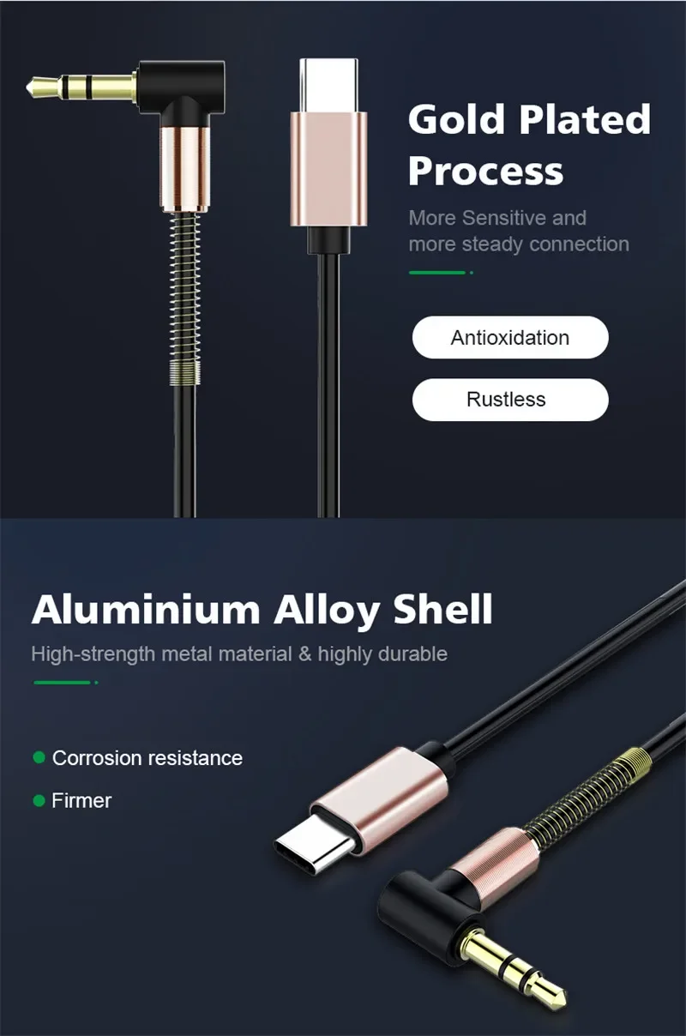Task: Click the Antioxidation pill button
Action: click(x=509, y=337)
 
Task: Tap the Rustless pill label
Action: click(x=509, y=400)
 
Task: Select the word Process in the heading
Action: click(x=485, y=171)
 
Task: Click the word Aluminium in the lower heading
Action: click(x=146, y=609)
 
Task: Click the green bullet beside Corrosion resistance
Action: click(x=39, y=758)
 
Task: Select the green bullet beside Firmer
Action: click(x=39, y=800)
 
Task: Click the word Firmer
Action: click(x=81, y=801)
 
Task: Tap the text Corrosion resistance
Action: click(x=147, y=758)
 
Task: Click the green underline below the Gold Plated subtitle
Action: click(x=438, y=273)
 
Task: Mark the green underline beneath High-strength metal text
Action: click(x=63, y=683)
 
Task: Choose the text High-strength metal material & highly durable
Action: click(x=239, y=654)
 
